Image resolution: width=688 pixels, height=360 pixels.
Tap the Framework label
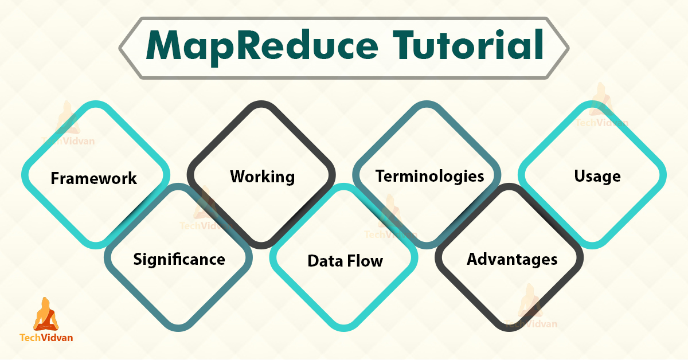[94, 178]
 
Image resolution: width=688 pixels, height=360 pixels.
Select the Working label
[263, 177]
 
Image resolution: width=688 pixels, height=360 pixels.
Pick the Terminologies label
[430, 176]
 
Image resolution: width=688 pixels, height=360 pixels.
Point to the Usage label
[597, 177]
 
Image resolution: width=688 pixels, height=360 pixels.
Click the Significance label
[179, 260]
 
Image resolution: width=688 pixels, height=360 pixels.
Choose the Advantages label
[512, 260]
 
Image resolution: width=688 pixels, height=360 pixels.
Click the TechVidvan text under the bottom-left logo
[46, 338]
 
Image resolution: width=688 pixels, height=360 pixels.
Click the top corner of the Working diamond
[262, 104]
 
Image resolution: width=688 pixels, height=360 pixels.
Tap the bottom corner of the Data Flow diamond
[345, 330]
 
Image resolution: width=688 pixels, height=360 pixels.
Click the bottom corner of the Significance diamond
[178, 330]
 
